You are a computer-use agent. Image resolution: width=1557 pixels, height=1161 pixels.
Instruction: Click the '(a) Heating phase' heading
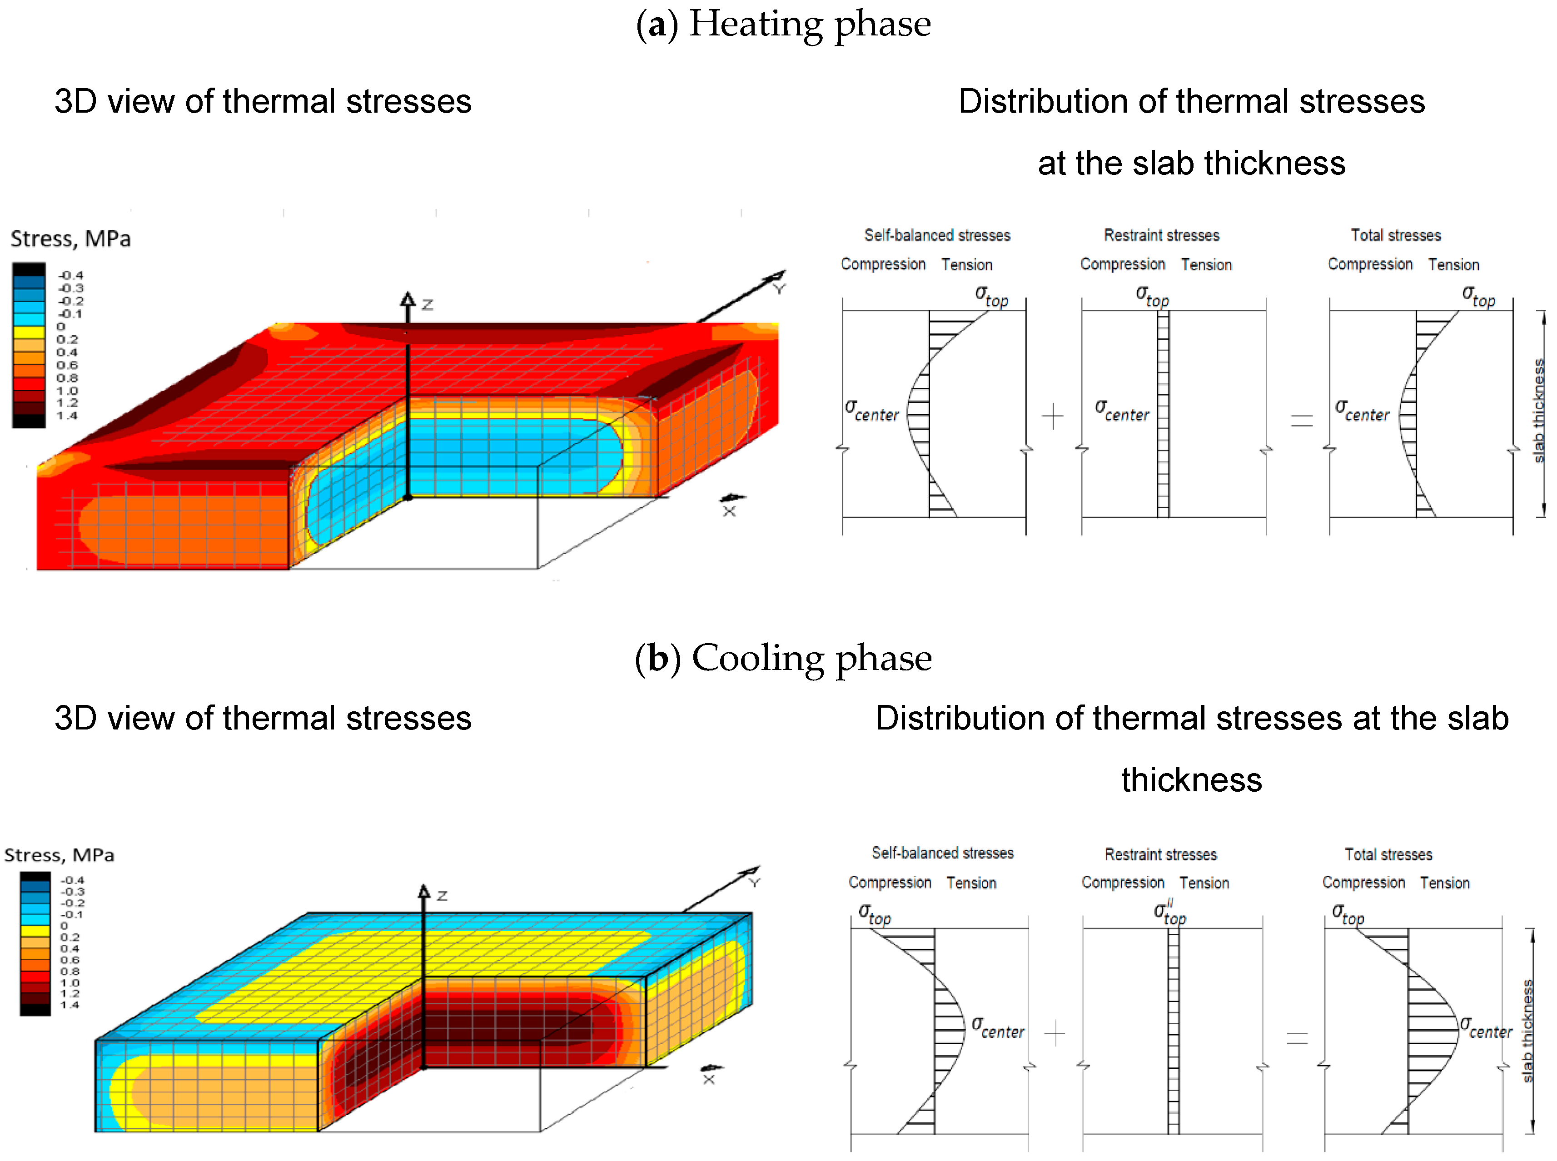tap(783, 24)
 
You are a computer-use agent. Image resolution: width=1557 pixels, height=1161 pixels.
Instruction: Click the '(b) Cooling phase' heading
tap(783, 659)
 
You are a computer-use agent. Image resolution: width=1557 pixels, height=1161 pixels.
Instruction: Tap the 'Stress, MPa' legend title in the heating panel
tap(70, 239)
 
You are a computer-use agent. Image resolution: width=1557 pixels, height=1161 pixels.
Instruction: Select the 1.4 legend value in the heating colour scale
tap(68, 415)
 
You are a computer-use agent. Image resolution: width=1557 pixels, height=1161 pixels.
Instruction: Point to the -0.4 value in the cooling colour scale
tap(72, 880)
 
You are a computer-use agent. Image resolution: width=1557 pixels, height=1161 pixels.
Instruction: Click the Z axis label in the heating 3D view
tap(428, 305)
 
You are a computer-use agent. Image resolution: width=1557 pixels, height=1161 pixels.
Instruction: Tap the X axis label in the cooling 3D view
tap(709, 1079)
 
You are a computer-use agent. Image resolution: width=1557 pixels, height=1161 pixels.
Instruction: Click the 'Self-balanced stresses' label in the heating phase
tap(937, 235)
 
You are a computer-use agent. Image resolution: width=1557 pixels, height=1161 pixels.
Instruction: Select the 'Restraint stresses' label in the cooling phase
tap(1160, 854)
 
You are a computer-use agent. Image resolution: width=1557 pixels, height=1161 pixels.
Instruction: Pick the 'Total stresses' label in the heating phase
tap(1395, 235)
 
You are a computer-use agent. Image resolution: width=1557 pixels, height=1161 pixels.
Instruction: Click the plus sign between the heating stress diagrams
tap(1052, 416)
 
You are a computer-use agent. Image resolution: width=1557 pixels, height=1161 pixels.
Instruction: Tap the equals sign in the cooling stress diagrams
tap(1297, 1038)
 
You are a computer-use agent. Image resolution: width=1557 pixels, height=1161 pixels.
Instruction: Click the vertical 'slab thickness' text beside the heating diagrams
tap(1538, 411)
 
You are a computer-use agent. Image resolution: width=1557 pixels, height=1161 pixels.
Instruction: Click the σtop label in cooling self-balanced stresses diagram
tap(875, 914)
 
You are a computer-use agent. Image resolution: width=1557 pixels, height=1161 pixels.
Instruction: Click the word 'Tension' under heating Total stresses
tap(1453, 265)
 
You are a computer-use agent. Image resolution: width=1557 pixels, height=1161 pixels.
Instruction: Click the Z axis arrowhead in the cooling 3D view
tap(424, 891)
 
